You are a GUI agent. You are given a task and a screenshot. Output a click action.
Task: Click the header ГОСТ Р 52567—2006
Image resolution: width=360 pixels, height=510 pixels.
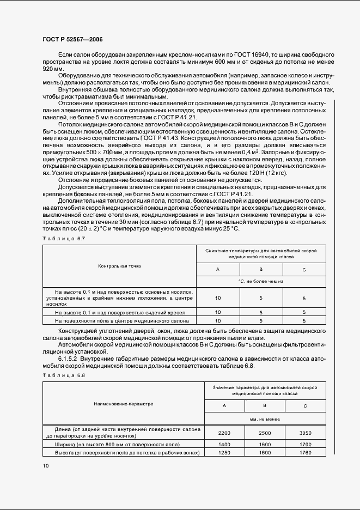coord(72,40)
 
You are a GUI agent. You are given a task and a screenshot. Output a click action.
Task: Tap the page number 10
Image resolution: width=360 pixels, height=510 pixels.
coord(46,466)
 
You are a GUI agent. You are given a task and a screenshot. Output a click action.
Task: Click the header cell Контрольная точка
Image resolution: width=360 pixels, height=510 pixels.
coord(119,266)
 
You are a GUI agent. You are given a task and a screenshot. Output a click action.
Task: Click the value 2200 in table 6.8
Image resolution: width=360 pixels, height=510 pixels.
coord(225,433)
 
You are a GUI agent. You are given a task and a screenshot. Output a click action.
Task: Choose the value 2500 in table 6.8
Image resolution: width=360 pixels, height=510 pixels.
coord(264,433)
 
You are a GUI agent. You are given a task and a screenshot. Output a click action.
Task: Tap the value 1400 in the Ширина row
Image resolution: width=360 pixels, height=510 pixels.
coord(225,445)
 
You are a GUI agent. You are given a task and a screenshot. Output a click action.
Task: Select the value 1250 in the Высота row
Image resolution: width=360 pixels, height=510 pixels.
coord(225,453)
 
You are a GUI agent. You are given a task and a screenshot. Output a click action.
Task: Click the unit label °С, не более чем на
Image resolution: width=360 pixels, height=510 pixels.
coord(261,281)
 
